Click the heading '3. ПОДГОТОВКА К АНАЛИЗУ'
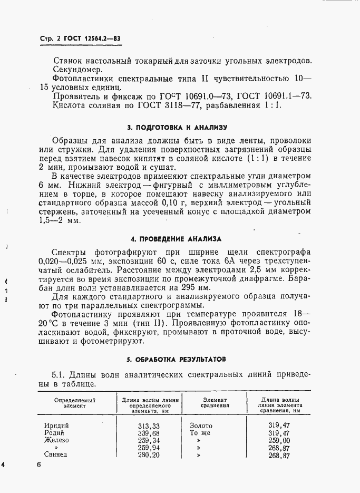(x=177, y=128)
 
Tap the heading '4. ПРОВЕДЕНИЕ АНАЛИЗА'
(x=177, y=238)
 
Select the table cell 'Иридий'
(x=56, y=426)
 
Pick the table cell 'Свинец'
(x=57, y=455)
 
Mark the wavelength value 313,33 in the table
(x=148, y=426)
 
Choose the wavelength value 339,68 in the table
(x=148, y=433)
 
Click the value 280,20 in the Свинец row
(x=148, y=455)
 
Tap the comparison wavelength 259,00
(x=279, y=440)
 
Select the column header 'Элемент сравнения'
(x=215, y=403)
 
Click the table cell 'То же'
(x=200, y=433)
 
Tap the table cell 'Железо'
(x=57, y=440)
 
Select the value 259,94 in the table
(x=148, y=448)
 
